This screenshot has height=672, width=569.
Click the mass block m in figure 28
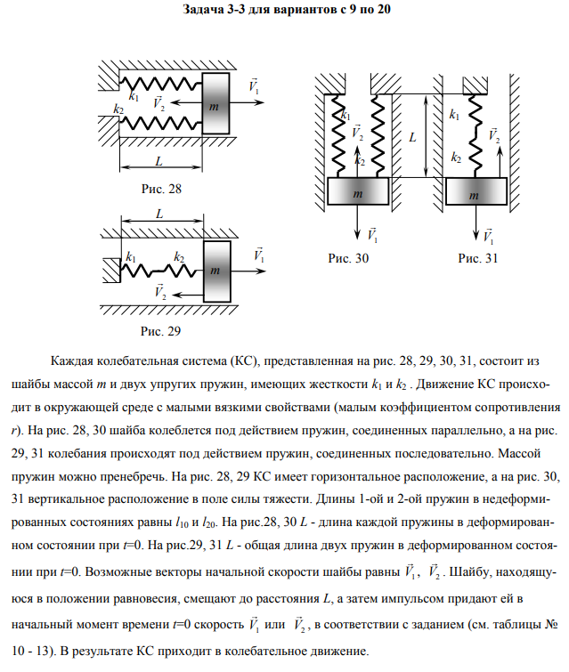point(213,105)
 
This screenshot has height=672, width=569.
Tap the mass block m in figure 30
point(357,192)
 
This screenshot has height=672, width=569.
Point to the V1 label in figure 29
point(258,254)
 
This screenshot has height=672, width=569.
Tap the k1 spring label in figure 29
point(132,257)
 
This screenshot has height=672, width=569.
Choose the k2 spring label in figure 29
point(179,257)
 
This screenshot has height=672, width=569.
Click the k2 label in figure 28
point(118,109)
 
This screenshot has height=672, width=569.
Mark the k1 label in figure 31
point(456,114)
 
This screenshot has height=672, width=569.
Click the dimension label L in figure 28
point(158,161)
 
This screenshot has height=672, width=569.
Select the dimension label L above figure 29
point(159,215)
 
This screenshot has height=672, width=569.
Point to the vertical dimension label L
point(412,138)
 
